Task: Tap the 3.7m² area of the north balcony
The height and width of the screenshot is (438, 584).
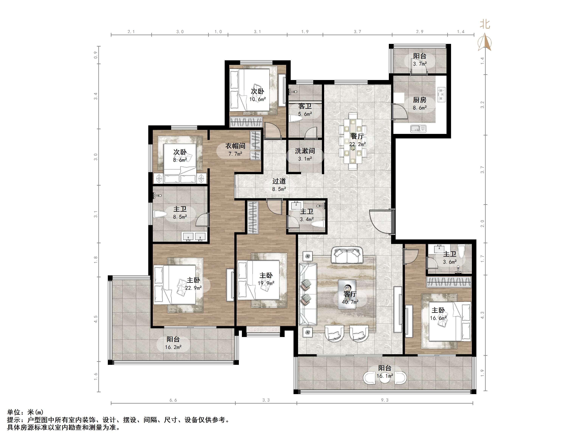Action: click(420, 64)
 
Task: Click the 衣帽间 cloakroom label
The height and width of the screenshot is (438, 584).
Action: click(235, 146)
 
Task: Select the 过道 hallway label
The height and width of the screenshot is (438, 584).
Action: click(279, 181)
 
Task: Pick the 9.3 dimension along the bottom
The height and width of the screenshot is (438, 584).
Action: click(385, 400)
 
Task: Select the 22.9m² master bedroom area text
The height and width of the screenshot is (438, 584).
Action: click(193, 288)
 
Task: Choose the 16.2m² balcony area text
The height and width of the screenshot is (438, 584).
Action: click(173, 347)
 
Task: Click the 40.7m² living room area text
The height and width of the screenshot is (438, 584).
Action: click(350, 302)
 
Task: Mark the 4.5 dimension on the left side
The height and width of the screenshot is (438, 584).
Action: click(96, 319)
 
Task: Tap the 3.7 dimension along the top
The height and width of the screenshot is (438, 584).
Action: click(357, 32)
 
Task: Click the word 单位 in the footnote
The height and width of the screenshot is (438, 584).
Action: click(14, 412)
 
